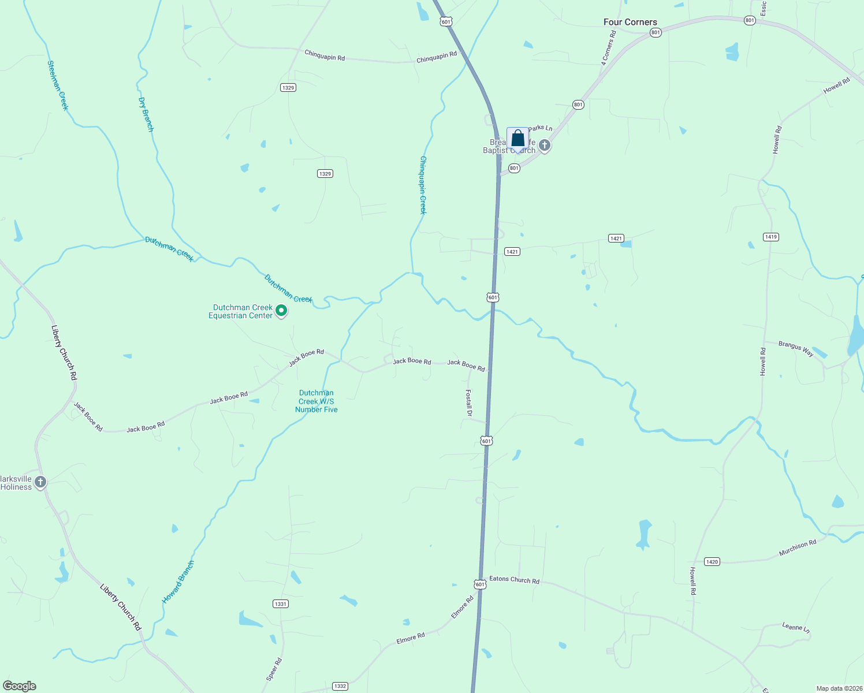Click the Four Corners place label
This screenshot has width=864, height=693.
point(630,22)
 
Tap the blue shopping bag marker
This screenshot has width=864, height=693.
point(517,139)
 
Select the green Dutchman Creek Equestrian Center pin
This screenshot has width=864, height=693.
point(281,311)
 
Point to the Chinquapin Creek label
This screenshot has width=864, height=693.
point(423,185)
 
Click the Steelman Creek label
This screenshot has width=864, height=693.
point(58,85)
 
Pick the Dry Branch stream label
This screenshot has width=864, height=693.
point(146,114)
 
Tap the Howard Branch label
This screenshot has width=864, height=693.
point(178,582)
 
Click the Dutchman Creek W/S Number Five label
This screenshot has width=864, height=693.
point(316,401)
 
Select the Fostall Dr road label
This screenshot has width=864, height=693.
point(469,403)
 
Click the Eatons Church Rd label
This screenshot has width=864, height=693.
point(514,579)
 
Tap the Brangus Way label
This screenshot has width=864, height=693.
point(795,349)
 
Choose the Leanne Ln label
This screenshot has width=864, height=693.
point(796,627)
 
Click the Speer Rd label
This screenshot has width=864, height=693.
point(274,669)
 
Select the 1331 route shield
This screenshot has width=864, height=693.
point(280,603)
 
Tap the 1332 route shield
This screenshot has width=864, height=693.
point(340,686)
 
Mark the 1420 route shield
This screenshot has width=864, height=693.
point(712,561)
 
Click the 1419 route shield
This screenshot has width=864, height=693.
point(770,237)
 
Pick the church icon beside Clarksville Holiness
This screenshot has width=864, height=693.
point(40,482)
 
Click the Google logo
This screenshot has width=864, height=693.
point(20,686)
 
